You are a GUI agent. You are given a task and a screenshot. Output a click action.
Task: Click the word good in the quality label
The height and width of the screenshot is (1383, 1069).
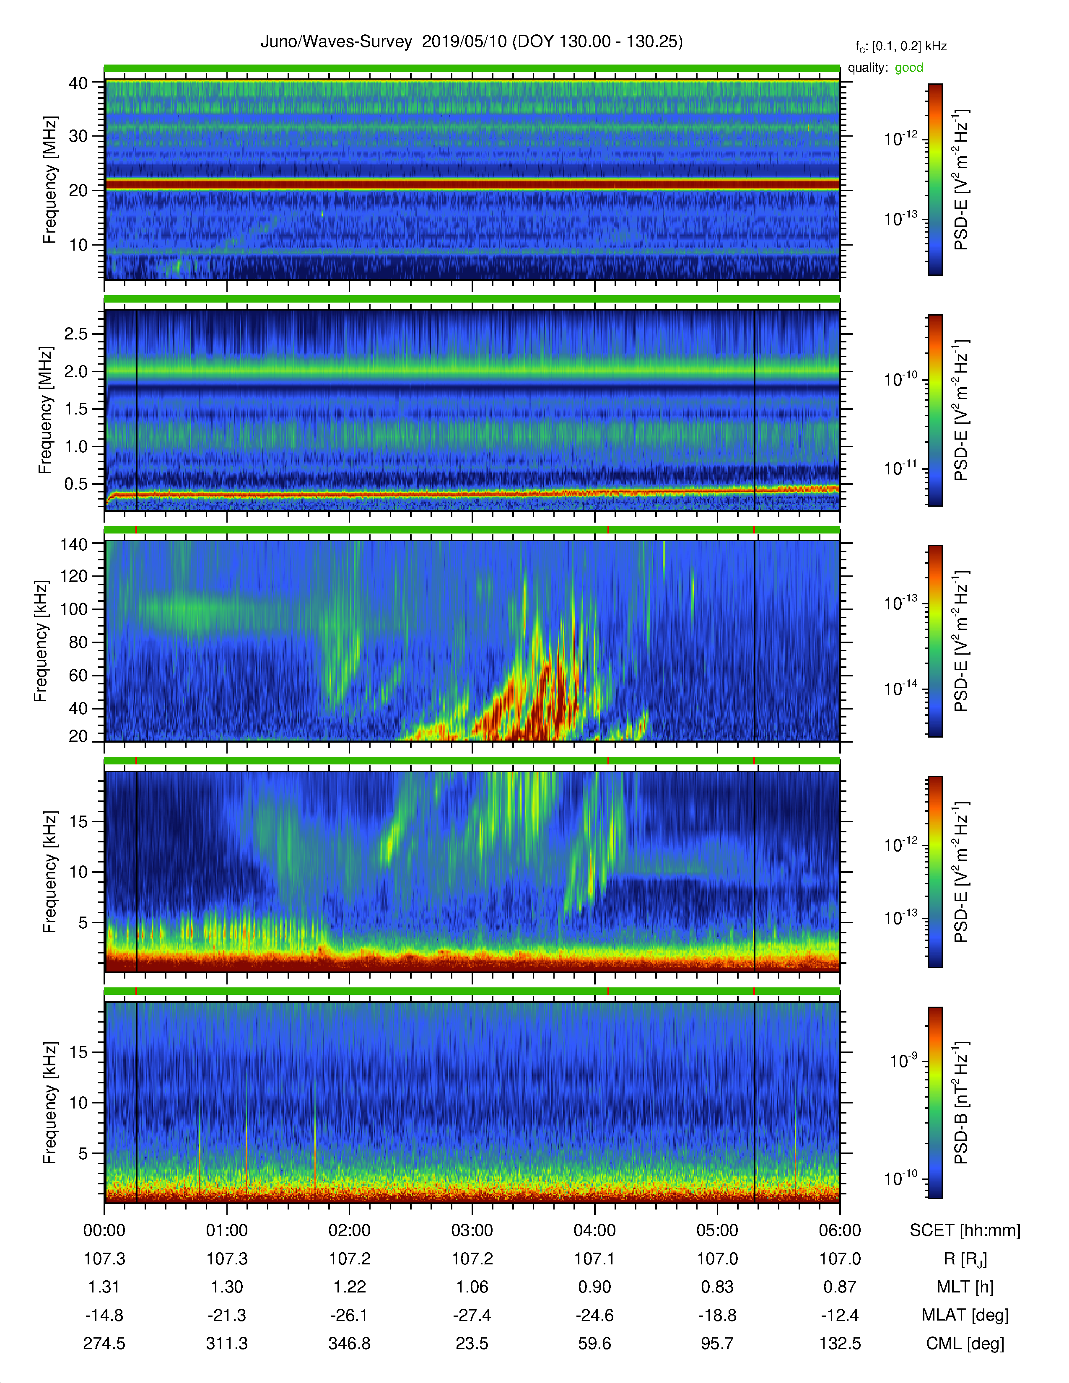[x=909, y=68]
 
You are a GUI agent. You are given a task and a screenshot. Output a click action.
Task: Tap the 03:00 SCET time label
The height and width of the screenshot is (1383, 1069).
[x=472, y=1230]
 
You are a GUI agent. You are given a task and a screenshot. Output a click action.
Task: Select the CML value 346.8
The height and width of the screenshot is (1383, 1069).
[x=349, y=1343]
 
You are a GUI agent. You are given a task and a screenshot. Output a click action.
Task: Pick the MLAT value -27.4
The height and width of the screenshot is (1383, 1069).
[x=472, y=1315]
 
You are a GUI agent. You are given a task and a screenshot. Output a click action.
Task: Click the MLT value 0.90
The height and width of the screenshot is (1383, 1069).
[x=595, y=1287]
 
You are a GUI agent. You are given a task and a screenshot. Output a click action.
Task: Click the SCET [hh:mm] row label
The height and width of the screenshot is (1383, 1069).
[x=965, y=1230]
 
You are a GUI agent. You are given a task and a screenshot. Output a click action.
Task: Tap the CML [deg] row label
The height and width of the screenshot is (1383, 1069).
[x=965, y=1343]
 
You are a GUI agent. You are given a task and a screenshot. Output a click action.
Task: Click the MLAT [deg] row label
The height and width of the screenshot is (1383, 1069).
[x=965, y=1315]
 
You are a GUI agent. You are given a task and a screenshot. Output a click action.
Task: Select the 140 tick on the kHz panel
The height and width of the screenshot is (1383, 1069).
[x=74, y=544]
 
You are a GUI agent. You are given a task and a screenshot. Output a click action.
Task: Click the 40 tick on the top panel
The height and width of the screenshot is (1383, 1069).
[x=78, y=83]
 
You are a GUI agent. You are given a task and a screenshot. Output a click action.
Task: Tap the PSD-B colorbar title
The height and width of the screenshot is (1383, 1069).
[x=961, y=1103]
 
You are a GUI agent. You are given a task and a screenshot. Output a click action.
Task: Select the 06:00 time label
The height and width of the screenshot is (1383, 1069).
[x=840, y=1230]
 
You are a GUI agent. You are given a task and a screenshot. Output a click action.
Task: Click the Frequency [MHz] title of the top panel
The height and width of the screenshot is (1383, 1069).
[x=49, y=180]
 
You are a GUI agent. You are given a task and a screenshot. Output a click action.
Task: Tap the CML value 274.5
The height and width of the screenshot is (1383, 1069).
[x=104, y=1343]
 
